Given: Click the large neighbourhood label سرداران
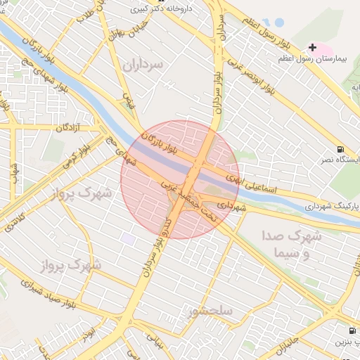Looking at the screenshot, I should (x=143, y=65).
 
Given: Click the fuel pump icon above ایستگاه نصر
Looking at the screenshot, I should (x=341, y=149).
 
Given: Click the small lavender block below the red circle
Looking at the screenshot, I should (x=128, y=239).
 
